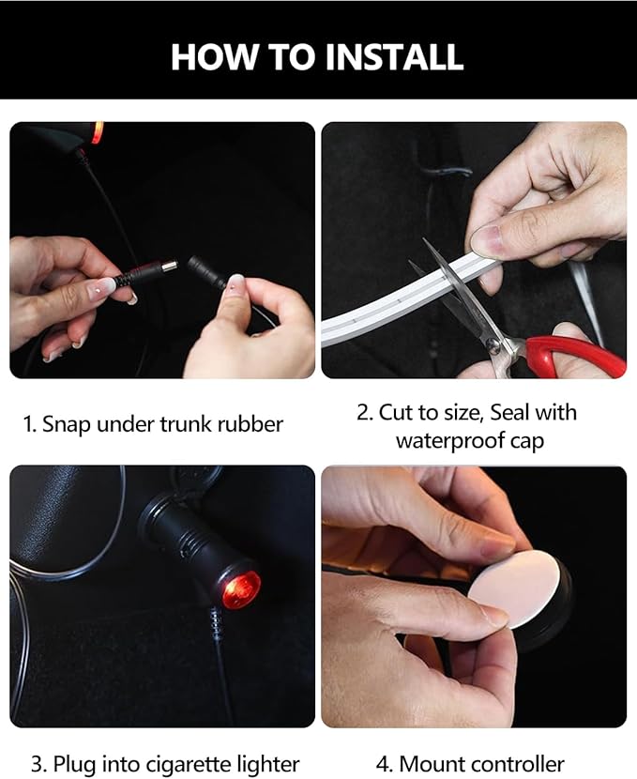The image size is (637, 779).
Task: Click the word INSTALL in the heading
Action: tap(394, 56)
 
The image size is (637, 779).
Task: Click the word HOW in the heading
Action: tap(214, 56)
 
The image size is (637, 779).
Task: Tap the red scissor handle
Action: tap(575, 354)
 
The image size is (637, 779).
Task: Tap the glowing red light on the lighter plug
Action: tap(241, 589)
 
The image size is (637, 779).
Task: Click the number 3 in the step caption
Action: tap(37, 764)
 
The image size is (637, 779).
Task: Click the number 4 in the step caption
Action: tap(382, 764)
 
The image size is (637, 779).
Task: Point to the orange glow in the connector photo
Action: tap(98, 132)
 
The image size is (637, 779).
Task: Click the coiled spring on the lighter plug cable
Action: tap(216, 624)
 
